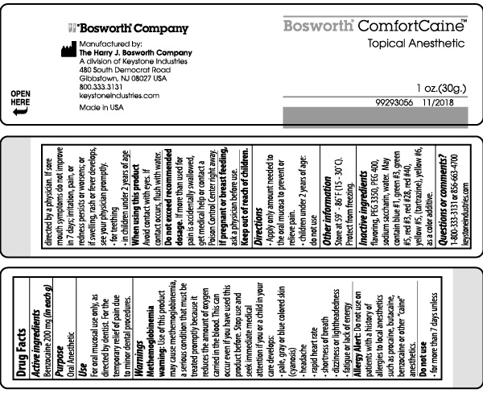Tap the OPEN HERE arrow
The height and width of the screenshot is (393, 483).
click(x=21, y=114)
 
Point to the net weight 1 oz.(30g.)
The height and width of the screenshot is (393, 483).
click(x=441, y=86)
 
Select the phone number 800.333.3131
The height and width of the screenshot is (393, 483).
click(x=100, y=86)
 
